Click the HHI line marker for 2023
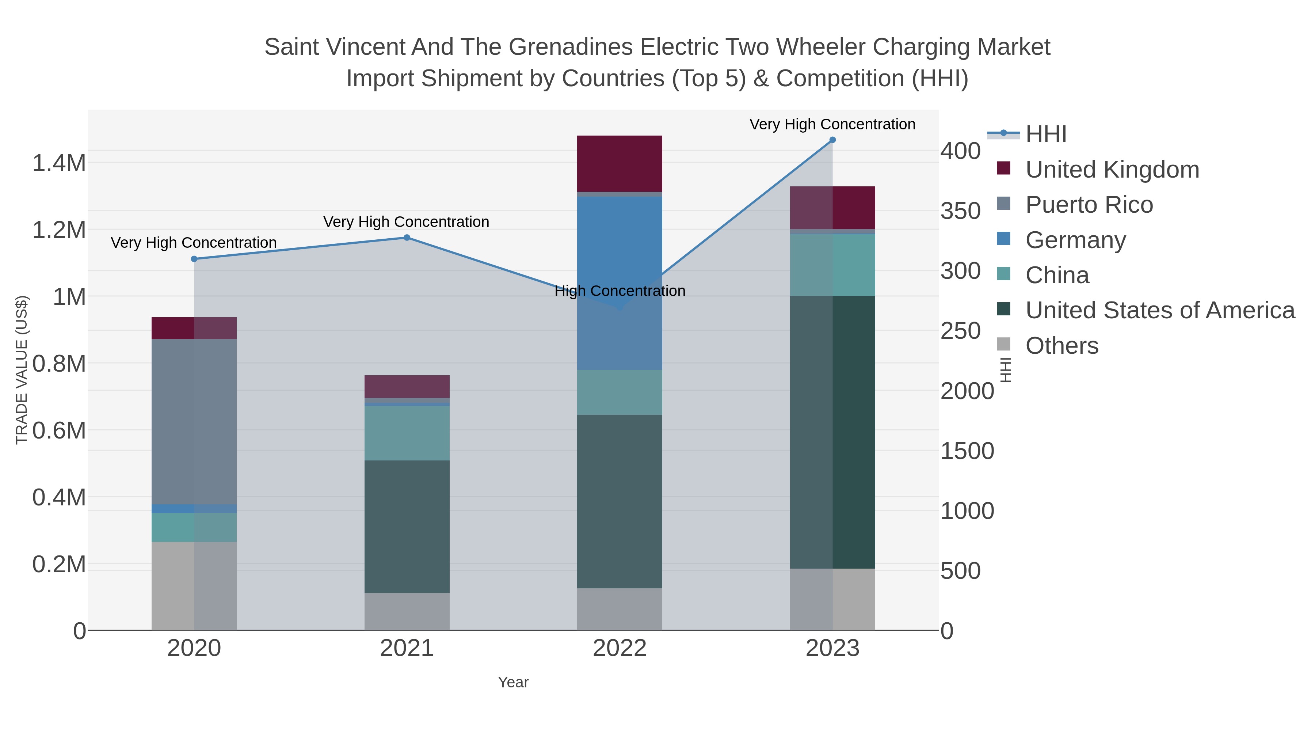point(832,140)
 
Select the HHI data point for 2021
point(407,238)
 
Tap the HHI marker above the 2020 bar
point(194,259)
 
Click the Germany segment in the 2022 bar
point(619,284)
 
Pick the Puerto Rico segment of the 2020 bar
point(194,421)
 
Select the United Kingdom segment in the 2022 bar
point(619,163)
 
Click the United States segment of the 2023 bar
point(832,432)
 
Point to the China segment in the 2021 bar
point(407,433)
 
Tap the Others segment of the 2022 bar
point(619,609)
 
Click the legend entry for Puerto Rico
point(1089,205)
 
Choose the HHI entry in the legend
point(1046,134)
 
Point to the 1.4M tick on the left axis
point(59,163)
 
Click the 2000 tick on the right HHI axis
point(967,391)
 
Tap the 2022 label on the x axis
point(619,649)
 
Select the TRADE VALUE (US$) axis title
point(22,370)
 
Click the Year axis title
point(513,682)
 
